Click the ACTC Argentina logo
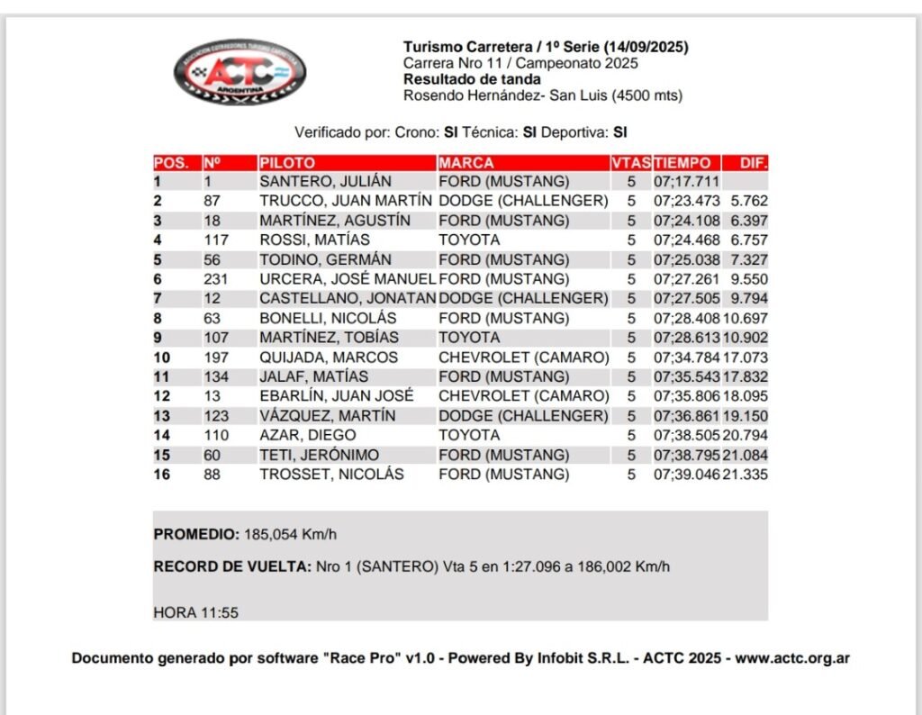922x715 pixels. pyautogui.click(x=240, y=71)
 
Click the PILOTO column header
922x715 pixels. pyautogui.click(x=287, y=163)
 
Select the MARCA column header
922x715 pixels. pyautogui.click(x=466, y=163)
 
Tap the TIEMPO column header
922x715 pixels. pyautogui.click(x=682, y=163)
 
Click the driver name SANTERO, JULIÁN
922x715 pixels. pyautogui.click(x=325, y=181)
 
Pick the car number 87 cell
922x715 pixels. pyautogui.click(x=212, y=201)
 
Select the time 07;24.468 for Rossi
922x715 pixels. pyautogui.click(x=687, y=240)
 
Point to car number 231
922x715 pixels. pyautogui.click(x=216, y=279)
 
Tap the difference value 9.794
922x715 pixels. pyautogui.click(x=749, y=298)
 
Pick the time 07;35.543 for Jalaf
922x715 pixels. pyautogui.click(x=687, y=376)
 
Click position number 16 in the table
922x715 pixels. pyautogui.click(x=162, y=475)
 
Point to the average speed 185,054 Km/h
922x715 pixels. pyautogui.click(x=290, y=534)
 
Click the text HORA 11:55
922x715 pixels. pyautogui.click(x=195, y=612)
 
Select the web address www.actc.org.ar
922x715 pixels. pyautogui.click(x=792, y=658)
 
